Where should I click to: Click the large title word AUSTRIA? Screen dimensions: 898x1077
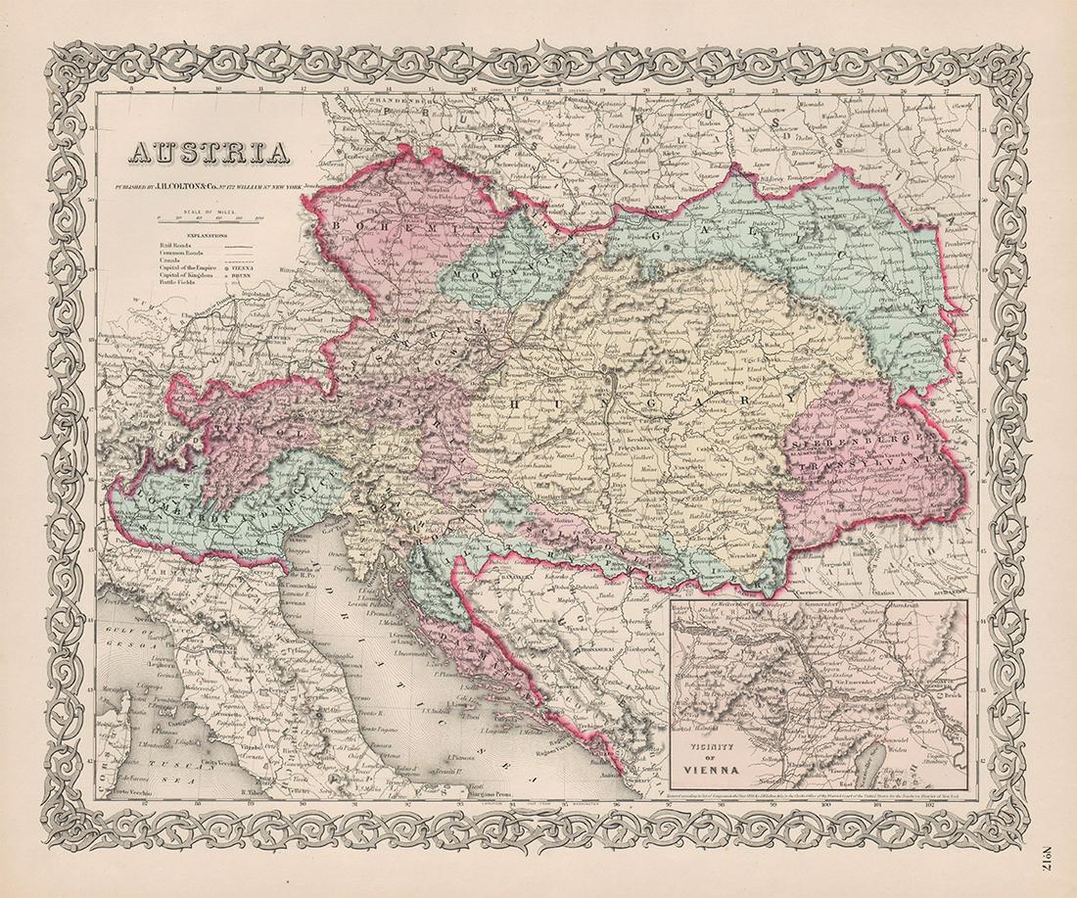pos(207,152)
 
